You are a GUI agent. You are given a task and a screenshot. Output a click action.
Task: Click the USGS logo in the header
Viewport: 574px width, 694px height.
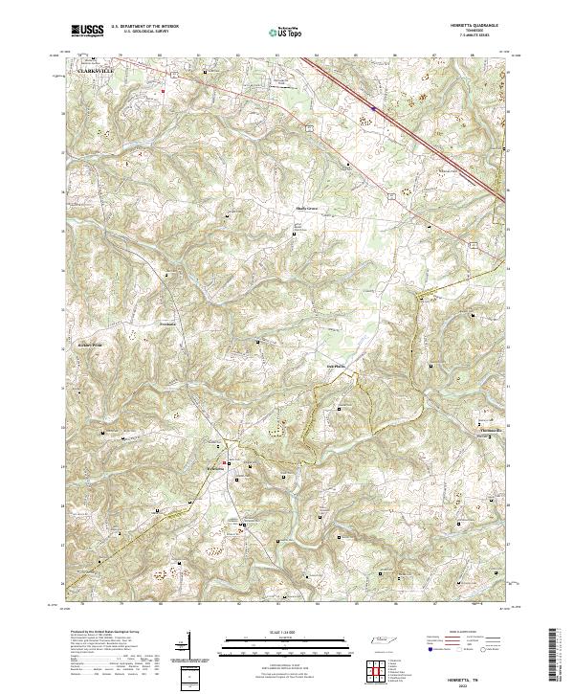pos(87,31)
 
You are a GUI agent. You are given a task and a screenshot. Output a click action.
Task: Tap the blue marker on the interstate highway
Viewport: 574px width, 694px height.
pos(374,108)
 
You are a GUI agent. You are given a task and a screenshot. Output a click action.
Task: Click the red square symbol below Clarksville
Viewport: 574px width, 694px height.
pos(165,92)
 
